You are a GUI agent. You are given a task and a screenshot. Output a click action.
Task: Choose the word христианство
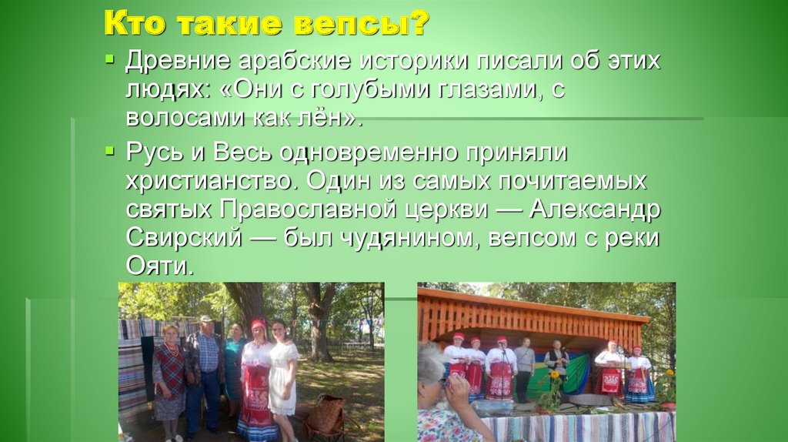[x=212, y=182]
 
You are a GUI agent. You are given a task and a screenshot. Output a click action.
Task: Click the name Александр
[x=594, y=209]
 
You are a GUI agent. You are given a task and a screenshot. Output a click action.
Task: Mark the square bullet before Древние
[x=112, y=58]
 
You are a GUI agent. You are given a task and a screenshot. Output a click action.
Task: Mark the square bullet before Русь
[x=112, y=149]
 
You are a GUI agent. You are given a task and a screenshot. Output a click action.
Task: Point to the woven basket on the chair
[x=326, y=414]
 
